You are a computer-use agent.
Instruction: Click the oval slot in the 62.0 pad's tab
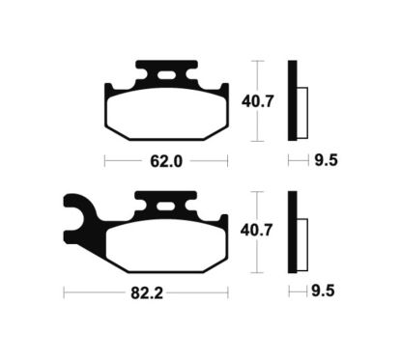click(166, 74)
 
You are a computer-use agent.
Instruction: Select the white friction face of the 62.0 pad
click(165, 110)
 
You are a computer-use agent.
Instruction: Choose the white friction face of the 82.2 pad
click(165, 240)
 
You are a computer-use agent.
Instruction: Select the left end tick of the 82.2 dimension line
click(63, 289)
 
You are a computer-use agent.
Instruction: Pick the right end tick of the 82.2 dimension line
click(228, 289)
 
